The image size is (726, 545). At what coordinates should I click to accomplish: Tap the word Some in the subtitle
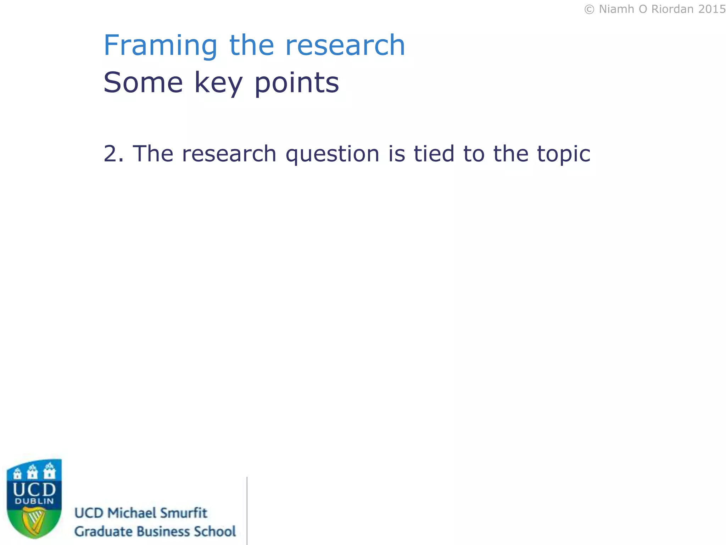click(143, 82)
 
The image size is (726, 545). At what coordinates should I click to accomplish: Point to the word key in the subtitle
click(218, 83)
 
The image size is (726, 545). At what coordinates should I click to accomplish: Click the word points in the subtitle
click(297, 83)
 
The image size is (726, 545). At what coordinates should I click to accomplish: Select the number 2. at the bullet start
click(113, 154)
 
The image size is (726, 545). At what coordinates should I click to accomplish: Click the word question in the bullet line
click(333, 154)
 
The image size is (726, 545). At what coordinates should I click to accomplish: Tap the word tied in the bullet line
click(434, 154)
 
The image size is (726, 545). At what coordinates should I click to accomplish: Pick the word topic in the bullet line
click(564, 154)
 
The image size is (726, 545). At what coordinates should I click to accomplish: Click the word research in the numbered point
click(229, 154)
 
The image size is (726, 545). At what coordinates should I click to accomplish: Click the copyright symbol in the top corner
click(589, 9)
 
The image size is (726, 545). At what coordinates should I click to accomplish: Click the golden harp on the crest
click(34, 520)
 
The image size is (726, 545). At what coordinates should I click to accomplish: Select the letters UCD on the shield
click(34, 490)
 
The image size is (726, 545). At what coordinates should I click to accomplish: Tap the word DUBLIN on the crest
click(34, 501)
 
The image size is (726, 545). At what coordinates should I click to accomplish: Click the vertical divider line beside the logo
click(247, 511)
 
